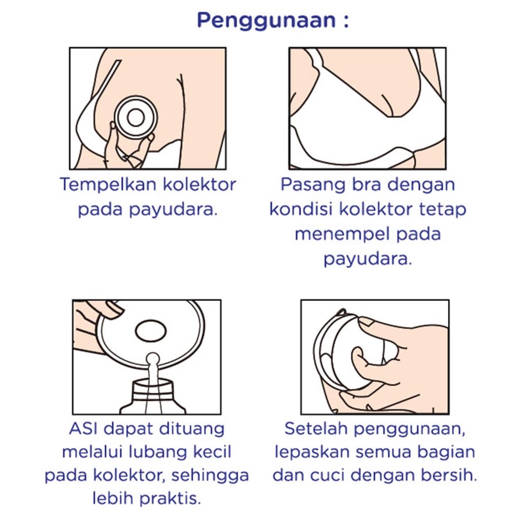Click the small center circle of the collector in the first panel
click(136, 117)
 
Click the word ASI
click(82, 429)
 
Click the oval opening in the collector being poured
click(151, 331)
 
